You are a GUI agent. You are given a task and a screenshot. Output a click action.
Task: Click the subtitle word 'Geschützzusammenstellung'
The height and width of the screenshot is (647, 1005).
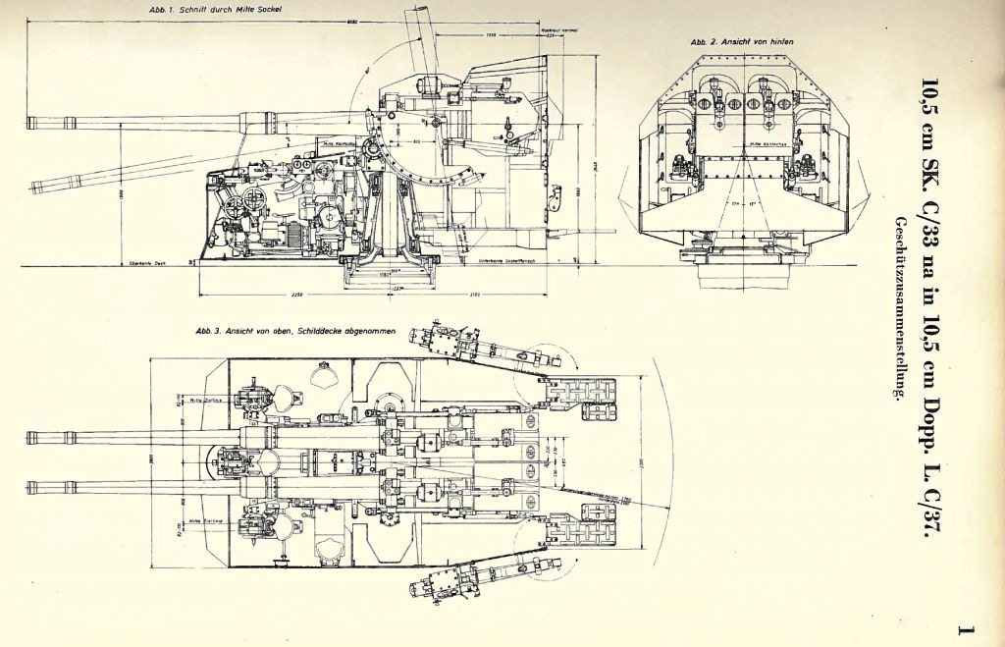coord(895,304)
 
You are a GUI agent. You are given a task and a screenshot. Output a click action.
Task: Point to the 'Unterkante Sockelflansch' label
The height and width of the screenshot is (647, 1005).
coord(502,262)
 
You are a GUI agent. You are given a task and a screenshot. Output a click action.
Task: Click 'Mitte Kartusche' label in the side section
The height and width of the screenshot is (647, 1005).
coord(339,142)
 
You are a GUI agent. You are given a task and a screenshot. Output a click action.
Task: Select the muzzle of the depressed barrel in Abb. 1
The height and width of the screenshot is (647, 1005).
coord(35,184)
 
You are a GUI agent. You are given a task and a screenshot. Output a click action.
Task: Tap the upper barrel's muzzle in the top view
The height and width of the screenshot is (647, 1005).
coord(30,438)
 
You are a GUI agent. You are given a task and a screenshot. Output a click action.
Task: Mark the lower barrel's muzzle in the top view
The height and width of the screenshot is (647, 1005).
coord(30,485)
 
